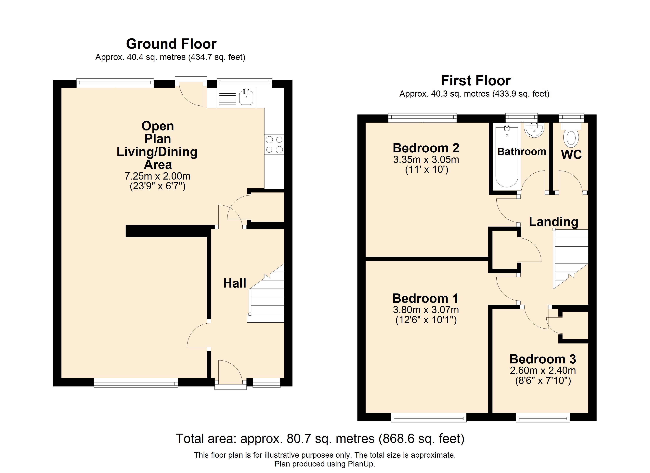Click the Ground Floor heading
(171, 44)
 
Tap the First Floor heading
(475, 81)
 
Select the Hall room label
(234, 283)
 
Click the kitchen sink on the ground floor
(246, 97)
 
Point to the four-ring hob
(274, 145)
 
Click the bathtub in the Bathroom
(507, 157)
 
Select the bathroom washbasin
(534, 130)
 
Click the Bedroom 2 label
(426, 148)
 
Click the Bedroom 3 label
(543, 359)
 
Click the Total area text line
(320, 439)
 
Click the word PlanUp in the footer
(361, 464)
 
